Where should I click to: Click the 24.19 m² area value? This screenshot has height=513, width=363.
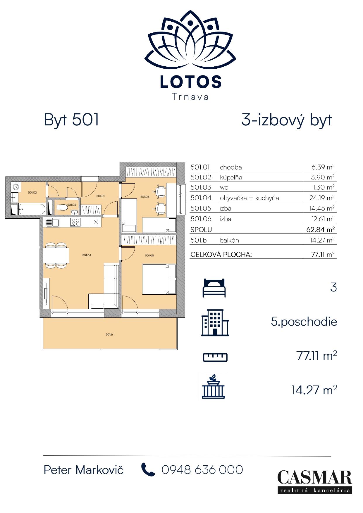(322, 198)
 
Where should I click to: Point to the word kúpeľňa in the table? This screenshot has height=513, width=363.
(231, 177)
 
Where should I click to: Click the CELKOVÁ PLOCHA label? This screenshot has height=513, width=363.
(221, 254)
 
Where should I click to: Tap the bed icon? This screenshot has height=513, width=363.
(214, 288)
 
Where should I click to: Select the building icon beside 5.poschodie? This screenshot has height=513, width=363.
(215, 322)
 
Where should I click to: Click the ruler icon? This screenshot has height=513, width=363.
(215, 357)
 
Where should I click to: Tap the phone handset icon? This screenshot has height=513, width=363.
(148, 469)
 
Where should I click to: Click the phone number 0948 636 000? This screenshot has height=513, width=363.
(202, 470)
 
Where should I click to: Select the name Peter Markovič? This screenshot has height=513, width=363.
(84, 470)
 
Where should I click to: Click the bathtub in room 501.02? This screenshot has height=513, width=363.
(32, 209)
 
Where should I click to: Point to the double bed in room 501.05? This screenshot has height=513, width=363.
(159, 279)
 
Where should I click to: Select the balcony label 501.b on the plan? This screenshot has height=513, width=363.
(109, 334)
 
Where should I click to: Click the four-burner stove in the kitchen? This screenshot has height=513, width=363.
(75, 222)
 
